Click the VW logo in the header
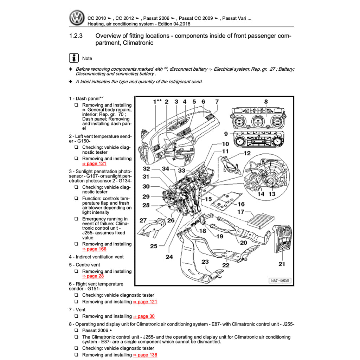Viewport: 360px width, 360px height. pyautogui.click(x=77, y=18)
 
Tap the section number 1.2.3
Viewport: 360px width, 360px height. pyautogui.click(x=76, y=36)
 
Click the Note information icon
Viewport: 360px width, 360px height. pyautogui.click(x=73, y=58)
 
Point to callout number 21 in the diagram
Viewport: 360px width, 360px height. pyautogui.click(x=282, y=264)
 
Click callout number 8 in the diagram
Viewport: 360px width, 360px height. pyautogui.click(x=266, y=102)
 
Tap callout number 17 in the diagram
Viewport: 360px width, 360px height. pyautogui.click(x=241, y=212)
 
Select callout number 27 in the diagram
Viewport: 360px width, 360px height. pyautogui.click(x=143, y=220)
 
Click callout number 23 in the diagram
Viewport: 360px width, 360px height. pyautogui.click(x=205, y=262)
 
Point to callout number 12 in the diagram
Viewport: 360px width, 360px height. pyautogui.click(x=247, y=153)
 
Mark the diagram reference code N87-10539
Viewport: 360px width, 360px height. pyautogui.click(x=281, y=281)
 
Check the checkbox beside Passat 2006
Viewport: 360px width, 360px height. pyautogui.click(x=76, y=330)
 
